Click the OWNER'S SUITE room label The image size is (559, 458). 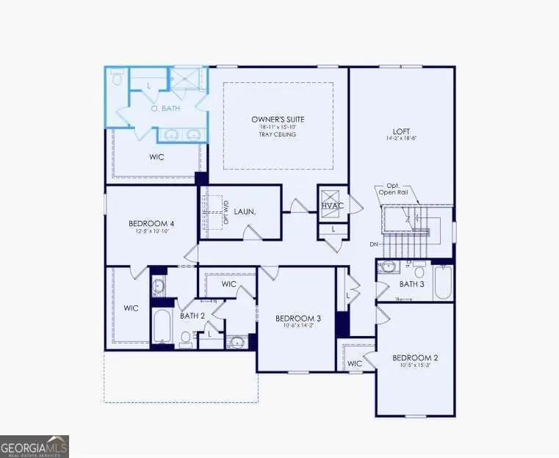coord(277,120)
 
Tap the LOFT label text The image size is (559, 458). coord(400,131)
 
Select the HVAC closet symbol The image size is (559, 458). coord(332,206)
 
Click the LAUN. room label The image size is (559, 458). coord(245,211)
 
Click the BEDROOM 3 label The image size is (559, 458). coord(298,318)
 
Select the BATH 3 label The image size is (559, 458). coord(412,283)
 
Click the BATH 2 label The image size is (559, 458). coord(192,316)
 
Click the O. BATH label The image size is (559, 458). coord(165,109)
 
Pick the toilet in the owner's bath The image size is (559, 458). coord(118,78)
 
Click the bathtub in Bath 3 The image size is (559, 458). coord(443,282)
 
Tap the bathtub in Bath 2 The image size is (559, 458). coord(162,327)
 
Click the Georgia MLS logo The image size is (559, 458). coord(35,445)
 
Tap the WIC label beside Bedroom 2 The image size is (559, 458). coord(355,363)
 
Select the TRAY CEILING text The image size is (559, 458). coord(277,135)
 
